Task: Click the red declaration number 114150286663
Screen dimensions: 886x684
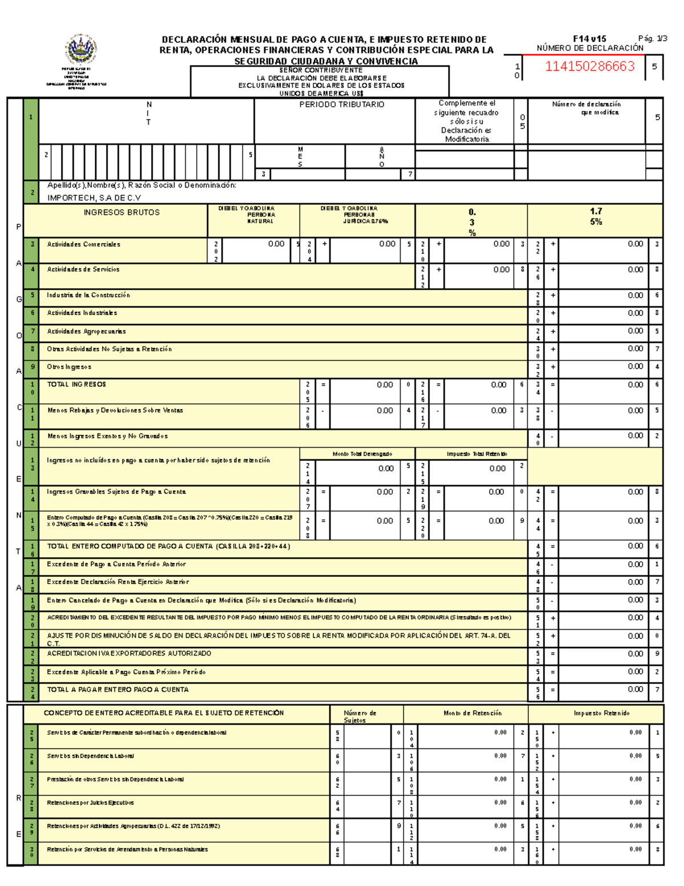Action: [589, 67]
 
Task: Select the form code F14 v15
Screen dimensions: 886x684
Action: [589, 39]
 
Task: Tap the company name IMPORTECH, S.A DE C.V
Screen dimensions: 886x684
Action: [94, 198]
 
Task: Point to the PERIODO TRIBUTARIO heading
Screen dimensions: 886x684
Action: [341, 104]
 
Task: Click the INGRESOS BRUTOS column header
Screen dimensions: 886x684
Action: [121, 212]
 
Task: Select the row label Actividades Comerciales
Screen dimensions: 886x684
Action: [83, 244]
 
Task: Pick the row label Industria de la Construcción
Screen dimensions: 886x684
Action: [88, 295]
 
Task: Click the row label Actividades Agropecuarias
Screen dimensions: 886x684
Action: [86, 331]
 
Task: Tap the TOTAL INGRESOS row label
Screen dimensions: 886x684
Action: [76, 385]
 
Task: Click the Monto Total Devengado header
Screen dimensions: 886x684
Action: [362, 454]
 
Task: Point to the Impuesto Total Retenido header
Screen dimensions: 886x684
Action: [477, 454]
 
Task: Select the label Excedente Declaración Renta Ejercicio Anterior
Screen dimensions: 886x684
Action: [117, 582]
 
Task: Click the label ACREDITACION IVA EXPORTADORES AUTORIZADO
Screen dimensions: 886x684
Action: [129, 653]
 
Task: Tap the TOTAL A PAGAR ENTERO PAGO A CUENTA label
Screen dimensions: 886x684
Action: [117, 690]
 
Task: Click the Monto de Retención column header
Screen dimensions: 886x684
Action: [473, 713]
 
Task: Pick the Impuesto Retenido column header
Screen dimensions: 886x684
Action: [601, 713]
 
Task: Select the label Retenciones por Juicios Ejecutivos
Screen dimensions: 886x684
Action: [90, 803]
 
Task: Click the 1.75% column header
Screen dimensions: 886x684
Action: [596, 216]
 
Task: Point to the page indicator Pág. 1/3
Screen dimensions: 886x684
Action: [652, 39]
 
